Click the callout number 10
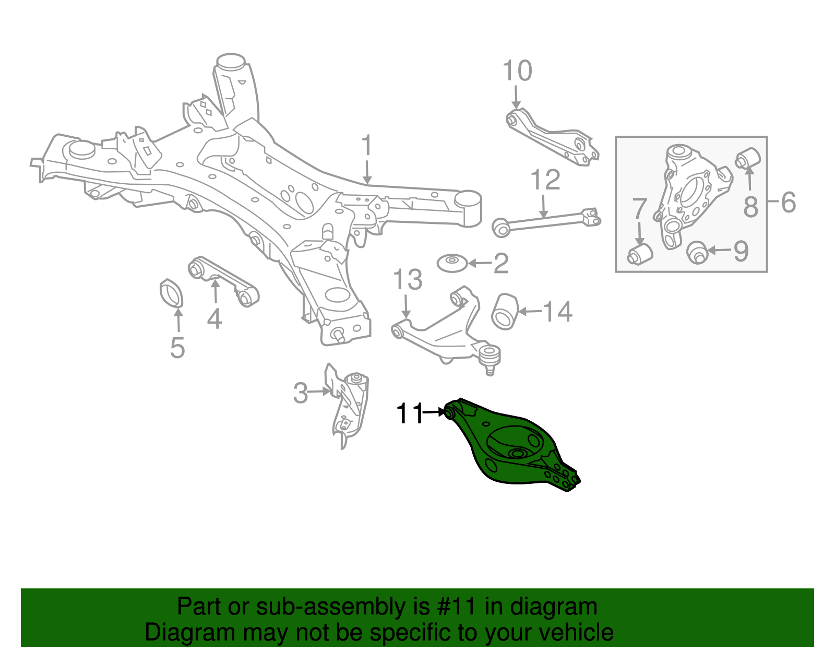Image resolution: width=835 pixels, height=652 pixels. tap(517, 71)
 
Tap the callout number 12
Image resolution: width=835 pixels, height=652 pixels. tap(545, 180)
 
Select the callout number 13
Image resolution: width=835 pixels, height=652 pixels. tap(407, 280)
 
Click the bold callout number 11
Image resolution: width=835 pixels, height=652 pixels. tap(410, 414)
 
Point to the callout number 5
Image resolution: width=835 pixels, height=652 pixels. tap(177, 348)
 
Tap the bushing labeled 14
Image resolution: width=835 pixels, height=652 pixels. tap(505, 312)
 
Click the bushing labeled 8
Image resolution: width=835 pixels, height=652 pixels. tap(748, 158)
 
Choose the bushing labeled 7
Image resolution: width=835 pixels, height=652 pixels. tap(640, 253)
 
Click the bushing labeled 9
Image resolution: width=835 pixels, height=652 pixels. tap(697, 253)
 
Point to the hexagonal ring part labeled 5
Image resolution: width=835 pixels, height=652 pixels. tap(171, 294)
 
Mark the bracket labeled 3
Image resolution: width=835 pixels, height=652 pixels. tap(349, 405)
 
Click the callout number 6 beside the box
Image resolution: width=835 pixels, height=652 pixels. tap(788, 202)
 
